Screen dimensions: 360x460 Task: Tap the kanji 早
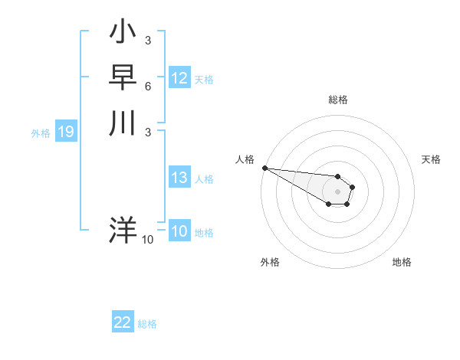coord(123,79)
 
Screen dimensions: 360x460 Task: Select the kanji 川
coord(123,123)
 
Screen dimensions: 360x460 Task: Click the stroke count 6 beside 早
coord(147,87)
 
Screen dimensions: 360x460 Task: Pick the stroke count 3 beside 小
coord(147,40)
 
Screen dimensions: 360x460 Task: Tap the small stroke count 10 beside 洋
coord(148,240)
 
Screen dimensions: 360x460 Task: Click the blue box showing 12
coord(179,78)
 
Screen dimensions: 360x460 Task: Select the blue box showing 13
coord(179,178)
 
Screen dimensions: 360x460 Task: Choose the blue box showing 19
coord(66,132)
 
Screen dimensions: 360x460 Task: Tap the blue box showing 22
coord(123,322)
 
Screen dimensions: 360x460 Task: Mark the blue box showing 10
coord(179,231)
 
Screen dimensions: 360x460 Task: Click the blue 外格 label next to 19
coord(41,133)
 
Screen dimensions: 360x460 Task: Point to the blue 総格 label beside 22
coord(147,324)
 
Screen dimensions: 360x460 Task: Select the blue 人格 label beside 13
coord(204,179)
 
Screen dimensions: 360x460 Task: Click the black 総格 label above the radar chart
coord(337,100)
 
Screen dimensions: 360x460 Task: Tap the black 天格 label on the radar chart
coord(431,159)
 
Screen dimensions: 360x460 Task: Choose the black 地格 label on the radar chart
coord(402,262)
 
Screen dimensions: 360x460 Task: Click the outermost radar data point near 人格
coord(264,168)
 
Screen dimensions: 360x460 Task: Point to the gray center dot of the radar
coord(337,191)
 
